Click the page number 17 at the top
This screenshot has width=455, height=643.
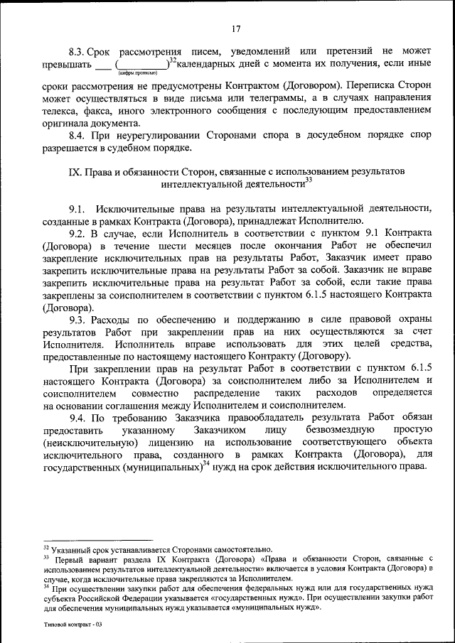tap(236, 28)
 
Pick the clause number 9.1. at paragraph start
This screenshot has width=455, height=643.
tap(77, 207)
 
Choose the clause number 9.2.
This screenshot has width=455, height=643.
tap(77, 233)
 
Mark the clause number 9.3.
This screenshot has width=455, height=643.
tap(77, 319)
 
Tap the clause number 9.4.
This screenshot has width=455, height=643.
tap(77, 418)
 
